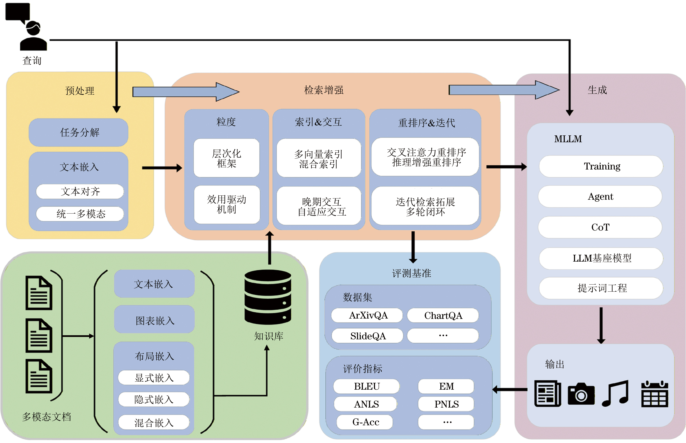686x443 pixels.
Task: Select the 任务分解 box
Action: click(x=79, y=132)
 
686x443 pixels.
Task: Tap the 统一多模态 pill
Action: click(x=80, y=214)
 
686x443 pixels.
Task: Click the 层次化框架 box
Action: click(x=227, y=158)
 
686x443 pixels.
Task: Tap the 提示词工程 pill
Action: click(x=601, y=288)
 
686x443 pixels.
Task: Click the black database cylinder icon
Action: click(x=268, y=297)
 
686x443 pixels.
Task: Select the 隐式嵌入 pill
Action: click(x=154, y=399)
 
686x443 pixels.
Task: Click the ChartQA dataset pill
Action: click(x=443, y=316)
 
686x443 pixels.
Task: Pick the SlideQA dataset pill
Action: click(x=367, y=336)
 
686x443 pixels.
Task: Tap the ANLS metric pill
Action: click(x=366, y=404)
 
